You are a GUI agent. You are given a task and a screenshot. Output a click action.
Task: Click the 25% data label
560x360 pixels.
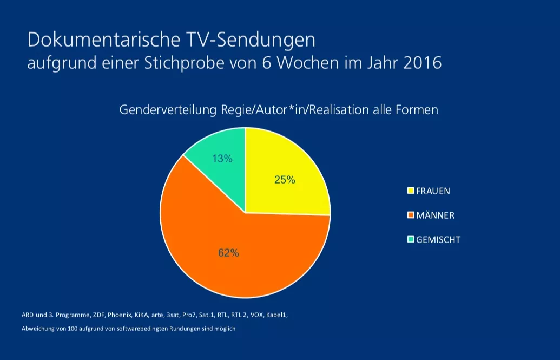coord(285,180)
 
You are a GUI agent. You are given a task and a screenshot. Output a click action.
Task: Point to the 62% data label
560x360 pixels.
coord(228,253)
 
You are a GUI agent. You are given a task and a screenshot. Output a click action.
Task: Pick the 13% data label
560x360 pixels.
coord(222,159)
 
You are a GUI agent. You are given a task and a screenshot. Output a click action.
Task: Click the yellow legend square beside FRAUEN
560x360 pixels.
coord(411,191)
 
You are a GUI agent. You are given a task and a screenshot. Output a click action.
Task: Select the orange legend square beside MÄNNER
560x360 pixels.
coord(411,215)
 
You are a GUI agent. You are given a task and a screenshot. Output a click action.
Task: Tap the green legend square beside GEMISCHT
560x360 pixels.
coord(411,239)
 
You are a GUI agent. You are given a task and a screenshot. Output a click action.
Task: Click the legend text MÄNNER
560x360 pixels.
coord(436,215)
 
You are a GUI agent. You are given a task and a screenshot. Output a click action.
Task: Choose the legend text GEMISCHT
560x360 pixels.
coord(438,239)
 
